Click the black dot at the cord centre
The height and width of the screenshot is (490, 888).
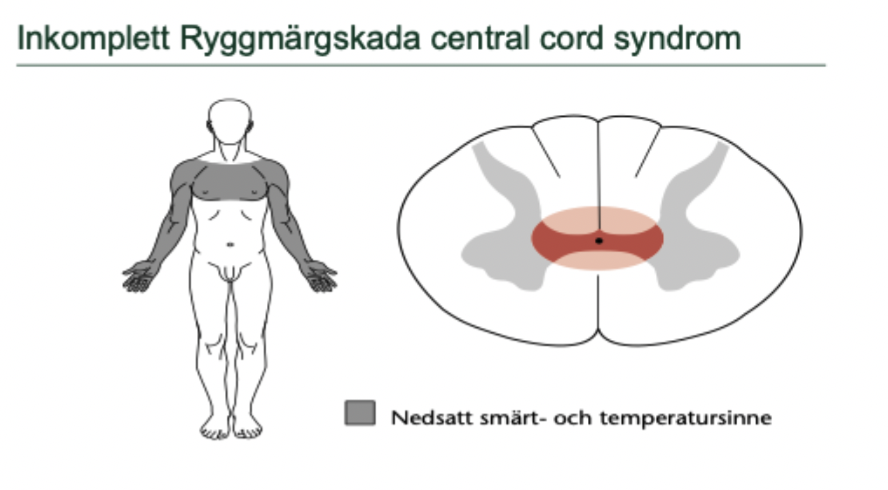click(598, 240)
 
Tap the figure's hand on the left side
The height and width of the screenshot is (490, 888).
click(140, 276)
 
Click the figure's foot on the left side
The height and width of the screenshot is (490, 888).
click(212, 428)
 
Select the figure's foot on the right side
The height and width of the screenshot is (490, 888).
click(248, 428)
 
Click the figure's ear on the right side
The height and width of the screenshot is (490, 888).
click(251, 126)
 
